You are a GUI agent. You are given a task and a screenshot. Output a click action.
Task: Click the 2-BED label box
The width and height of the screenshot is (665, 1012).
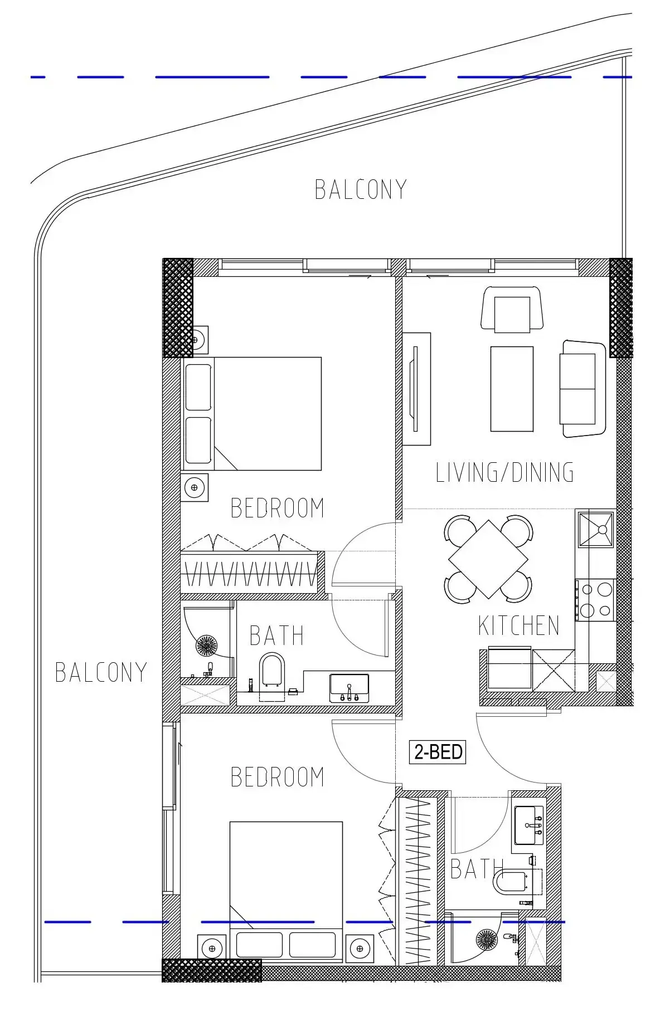click(438, 752)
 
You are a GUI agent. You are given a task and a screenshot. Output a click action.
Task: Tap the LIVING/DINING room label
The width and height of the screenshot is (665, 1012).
click(505, 472)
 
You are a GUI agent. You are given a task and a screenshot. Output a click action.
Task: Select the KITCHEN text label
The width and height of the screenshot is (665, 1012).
click(519, 625)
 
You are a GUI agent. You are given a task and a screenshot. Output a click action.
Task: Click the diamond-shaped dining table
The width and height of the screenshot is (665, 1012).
click(488, 559)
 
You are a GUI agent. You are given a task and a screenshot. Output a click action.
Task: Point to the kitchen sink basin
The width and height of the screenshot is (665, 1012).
click(596, 529)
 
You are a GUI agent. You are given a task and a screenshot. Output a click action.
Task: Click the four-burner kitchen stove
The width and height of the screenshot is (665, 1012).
click(595, 599)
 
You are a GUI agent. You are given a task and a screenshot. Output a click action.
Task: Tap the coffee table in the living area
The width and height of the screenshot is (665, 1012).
click(512, 389)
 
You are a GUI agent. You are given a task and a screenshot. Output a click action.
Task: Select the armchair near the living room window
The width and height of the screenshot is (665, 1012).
click(512, 310)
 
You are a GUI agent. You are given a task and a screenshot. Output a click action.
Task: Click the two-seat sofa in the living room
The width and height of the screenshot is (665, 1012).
click(583, 389)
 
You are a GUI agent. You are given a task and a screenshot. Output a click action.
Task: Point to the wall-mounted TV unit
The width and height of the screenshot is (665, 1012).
click(416, 389)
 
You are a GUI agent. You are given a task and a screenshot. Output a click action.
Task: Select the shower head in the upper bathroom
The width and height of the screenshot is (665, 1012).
click(207, 646)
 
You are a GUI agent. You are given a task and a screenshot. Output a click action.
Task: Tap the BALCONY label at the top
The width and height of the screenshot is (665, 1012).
click(361, 189)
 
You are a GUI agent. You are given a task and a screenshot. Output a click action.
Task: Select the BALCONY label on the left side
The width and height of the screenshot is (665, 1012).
click(101, 672)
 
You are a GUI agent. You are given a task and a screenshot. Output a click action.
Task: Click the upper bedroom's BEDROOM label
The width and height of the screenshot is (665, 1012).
click(278, 508)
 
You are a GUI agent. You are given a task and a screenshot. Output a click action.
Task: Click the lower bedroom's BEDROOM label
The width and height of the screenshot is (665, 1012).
click(278, 777)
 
